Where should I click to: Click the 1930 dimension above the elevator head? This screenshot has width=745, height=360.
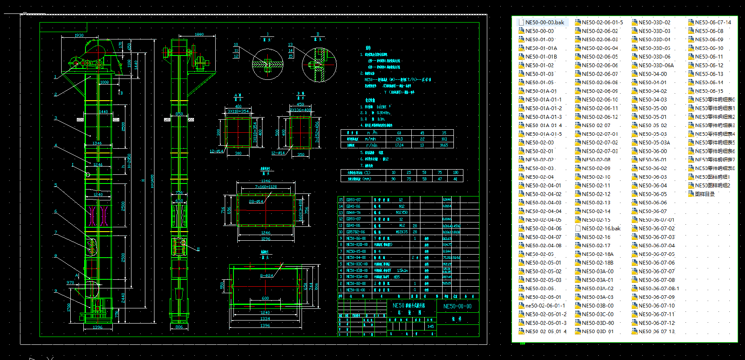(79, 36)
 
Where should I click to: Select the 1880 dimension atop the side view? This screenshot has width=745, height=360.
(199, 34)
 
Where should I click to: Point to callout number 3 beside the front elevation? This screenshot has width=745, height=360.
(56, 118)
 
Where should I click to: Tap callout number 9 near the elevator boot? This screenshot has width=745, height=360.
(56, 291)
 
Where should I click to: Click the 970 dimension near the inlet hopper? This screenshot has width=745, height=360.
(70, 283)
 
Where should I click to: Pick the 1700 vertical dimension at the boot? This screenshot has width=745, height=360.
(69, 307)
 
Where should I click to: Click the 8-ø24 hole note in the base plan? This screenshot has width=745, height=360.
(266, 276)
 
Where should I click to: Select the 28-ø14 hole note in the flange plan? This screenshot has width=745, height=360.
(256, 202)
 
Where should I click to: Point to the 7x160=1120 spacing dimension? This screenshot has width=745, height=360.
(266, 187)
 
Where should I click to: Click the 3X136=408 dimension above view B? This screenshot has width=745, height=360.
(300, 110)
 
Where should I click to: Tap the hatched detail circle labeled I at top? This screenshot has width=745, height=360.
(268, 64)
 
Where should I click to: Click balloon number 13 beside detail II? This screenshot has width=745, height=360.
(290, 45)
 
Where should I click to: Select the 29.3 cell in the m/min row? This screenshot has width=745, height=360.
(399, 139)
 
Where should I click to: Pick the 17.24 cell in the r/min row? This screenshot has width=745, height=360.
(399, 145)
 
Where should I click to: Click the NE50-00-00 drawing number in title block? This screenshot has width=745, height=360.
(457, 306)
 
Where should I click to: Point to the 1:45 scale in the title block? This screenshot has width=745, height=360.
(430, 327)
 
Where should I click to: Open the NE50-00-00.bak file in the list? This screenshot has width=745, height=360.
(544, 23)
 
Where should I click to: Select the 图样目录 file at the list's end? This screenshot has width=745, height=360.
(704, 194)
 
